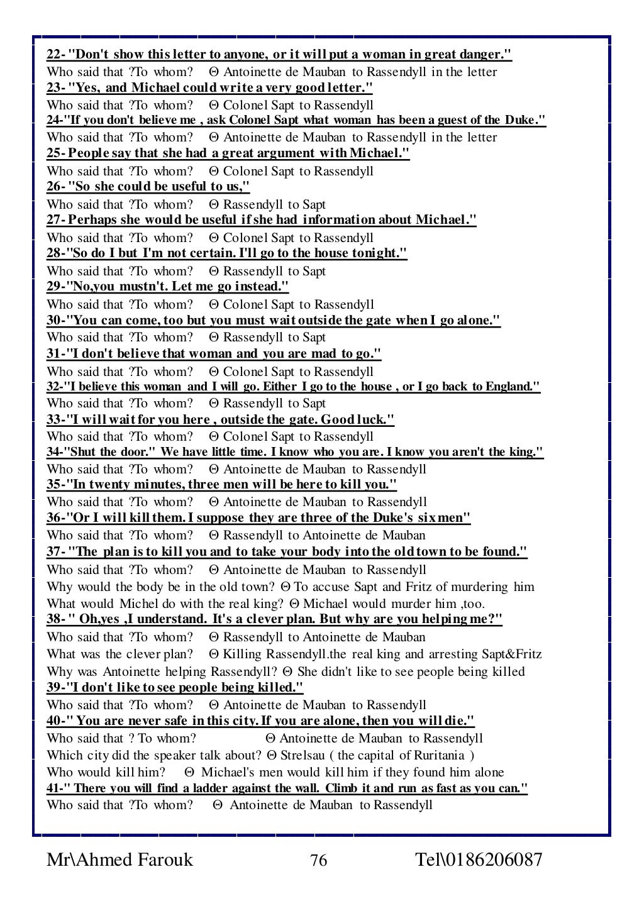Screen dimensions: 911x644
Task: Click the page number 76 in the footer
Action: pyautogui.click(x=319, y=860)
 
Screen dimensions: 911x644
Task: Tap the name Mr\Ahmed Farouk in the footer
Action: pyautogui.click(x=119, y=859)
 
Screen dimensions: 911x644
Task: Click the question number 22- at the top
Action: pyautogui.click(x=55, y=55)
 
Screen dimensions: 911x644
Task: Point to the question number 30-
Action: pyautogui.click(x=55, y=321)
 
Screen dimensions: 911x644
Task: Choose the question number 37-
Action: pyautogui.click(x=55, y=552)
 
